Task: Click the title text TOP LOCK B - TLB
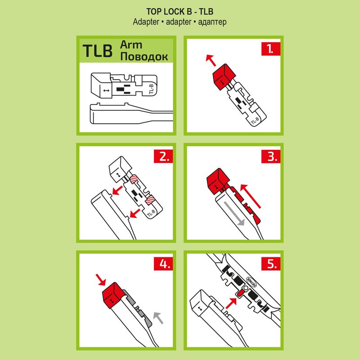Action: [x=180, y=12]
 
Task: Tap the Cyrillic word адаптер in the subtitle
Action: [x=212, y=22]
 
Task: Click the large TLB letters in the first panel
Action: [x=97, y=50]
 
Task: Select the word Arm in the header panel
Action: [x=131, y=45]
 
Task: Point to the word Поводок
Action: [x=144, y=57]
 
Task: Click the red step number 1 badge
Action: [x=271, y=49]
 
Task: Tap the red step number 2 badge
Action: [x=163, y=157]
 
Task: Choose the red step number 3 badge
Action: [x=271, y=157]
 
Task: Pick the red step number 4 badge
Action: [x=163, y=264]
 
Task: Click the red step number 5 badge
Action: [x=271, y=264]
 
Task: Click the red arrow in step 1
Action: [x=211, y=60]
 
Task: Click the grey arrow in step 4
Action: [x=158, y=318]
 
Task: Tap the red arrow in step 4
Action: [x=100, y=279]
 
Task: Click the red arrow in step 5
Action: [x=231, y=303]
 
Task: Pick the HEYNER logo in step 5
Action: [x=252, y=282]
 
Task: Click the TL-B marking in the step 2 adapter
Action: [x=151, y=213]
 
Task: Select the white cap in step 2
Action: [x=120, y=170]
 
